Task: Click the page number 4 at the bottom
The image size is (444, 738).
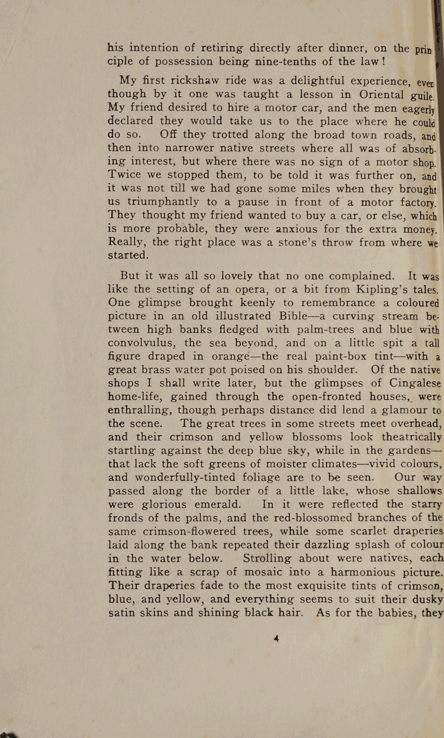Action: click(276, 638)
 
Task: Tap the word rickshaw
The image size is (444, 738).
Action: click(195, 80)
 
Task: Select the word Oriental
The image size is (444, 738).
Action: click(381, 94)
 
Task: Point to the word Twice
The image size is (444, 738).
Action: click(125, 174)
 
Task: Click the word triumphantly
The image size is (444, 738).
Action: click(163, 202)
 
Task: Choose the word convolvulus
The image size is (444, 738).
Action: click(142, 343)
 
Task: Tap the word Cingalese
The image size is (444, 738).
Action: click(415, 383)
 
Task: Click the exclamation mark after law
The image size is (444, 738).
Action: click(383, 61)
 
